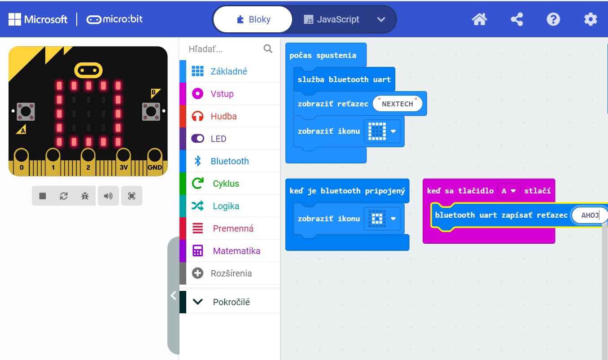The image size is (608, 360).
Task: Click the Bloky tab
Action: pyautogui.click(x=253, y=20)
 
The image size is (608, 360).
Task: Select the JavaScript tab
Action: pyautogui.click(x=332, y=20)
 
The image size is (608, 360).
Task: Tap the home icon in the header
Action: pyautogui.click(x=479, y=19)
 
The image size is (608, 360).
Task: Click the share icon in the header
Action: pyautogui.click(x=517, y=19)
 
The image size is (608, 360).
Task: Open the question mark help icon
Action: pyautogui.click(x=553, y=19)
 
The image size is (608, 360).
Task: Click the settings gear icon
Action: pyautogui.click(x=591, y=19)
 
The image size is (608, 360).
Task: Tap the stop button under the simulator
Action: pyautogui.click(x=43, y=196)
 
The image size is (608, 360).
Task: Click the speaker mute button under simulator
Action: pyautogui.click(x=108, y=196)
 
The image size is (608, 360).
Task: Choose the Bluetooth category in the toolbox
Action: pyautogui.click(x=229, y=161)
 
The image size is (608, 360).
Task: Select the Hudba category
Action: pyautogui.click(x=223, y=116)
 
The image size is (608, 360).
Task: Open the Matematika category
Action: pyautogui.click(x=236, y=251)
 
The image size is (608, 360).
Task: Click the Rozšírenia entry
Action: pyautogui.click(x=231, y=273)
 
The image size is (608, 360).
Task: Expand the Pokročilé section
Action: pyautogui.click(x=231, y=302)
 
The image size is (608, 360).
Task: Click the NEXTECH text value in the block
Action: pyautogui.click(x=398, y=104)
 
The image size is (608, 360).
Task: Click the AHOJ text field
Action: pyautogui.click(x=590, y=215)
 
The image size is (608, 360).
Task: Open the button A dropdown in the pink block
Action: pyautogui.click(x=508, y=191)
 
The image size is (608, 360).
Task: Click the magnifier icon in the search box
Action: pyautogui.click(x=268, y=49)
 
